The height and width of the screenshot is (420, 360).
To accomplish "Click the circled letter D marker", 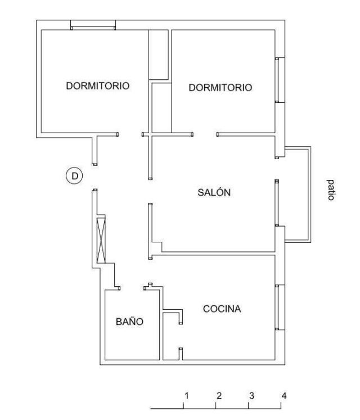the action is click(74, 176).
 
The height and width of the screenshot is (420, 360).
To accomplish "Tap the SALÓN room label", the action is click(214, 192).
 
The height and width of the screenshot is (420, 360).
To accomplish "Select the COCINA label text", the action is click(222, 309).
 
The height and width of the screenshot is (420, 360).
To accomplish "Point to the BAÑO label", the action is click(129, 321).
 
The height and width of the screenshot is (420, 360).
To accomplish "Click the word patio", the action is click(331, 190).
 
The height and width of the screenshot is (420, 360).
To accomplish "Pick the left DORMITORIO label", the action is click(98, 85).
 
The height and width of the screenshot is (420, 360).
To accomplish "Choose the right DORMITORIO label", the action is click(220, 88).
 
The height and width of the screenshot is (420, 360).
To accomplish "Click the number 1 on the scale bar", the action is click(187, 396).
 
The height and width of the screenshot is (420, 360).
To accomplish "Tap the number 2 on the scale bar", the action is click(219, 396).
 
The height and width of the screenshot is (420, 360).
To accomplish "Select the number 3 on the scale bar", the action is click(251, 396).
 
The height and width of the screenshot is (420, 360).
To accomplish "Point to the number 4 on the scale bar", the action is click(284, 396).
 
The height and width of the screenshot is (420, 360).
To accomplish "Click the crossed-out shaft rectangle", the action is click(101, 239).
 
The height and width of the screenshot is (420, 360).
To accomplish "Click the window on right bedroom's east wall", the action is click(280, 80).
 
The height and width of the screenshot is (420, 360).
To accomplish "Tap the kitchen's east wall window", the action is click(280, 307).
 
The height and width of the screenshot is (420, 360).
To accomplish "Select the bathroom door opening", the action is click(132, 288).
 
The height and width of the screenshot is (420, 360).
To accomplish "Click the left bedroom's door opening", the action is click(130, 134).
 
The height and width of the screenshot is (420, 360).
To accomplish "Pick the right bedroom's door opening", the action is click(205, 134).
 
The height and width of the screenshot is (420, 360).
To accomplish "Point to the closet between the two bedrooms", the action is click(159, 55).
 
